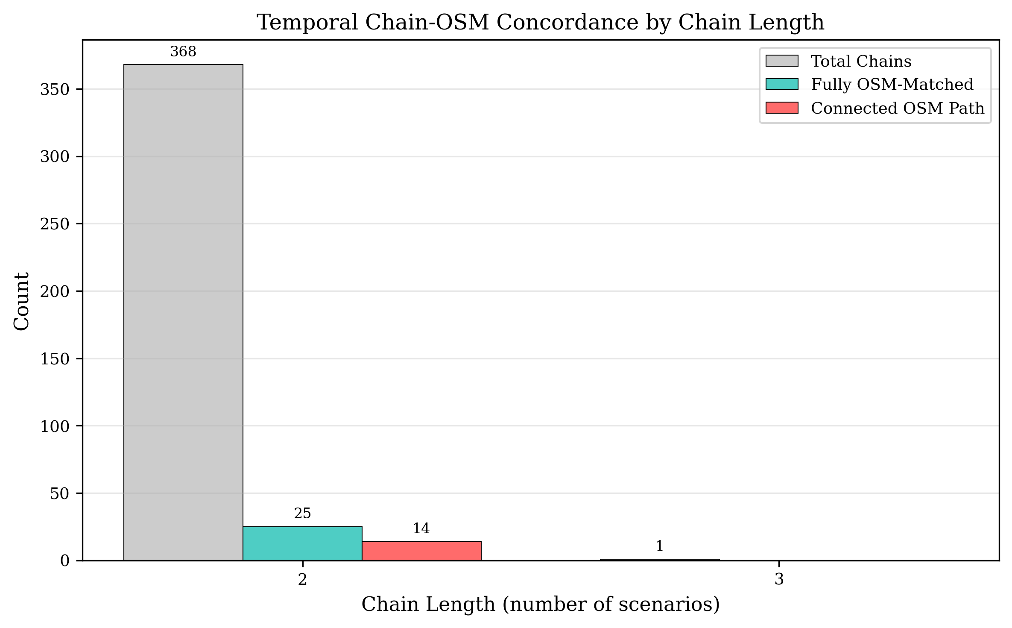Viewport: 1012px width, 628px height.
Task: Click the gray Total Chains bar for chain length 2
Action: [x=183, y=312]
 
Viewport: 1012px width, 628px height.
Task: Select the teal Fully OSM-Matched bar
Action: [x=302, y=543]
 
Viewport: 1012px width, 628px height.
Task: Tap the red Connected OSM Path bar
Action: [x=421, y=551]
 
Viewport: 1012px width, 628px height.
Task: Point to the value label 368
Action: [x=183, y=52]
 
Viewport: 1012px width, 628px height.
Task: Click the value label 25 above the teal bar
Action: [x=302, y=514]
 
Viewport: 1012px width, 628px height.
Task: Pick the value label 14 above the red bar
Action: [x=421, y=528]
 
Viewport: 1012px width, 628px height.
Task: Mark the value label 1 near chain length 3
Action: [x=659, y=546]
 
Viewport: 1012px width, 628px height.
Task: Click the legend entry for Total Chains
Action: [x=861, y=61]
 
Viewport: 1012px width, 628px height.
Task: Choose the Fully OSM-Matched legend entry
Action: [x=892, y=84]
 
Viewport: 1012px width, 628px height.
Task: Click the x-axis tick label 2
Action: [x=302, y=579]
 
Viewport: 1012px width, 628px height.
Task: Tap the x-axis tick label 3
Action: [x=779, y=579]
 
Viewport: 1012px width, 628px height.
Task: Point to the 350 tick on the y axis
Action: [x=55, y=89]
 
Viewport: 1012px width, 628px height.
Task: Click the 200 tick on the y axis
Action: [x=55, y=291]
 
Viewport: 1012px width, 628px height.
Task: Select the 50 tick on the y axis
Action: [x=59, y=493]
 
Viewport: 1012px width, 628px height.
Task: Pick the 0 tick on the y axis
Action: [x=64, y=561]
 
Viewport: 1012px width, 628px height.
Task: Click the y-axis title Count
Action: [x=21, y=301]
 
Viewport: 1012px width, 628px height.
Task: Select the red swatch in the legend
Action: [x=781, y=108]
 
